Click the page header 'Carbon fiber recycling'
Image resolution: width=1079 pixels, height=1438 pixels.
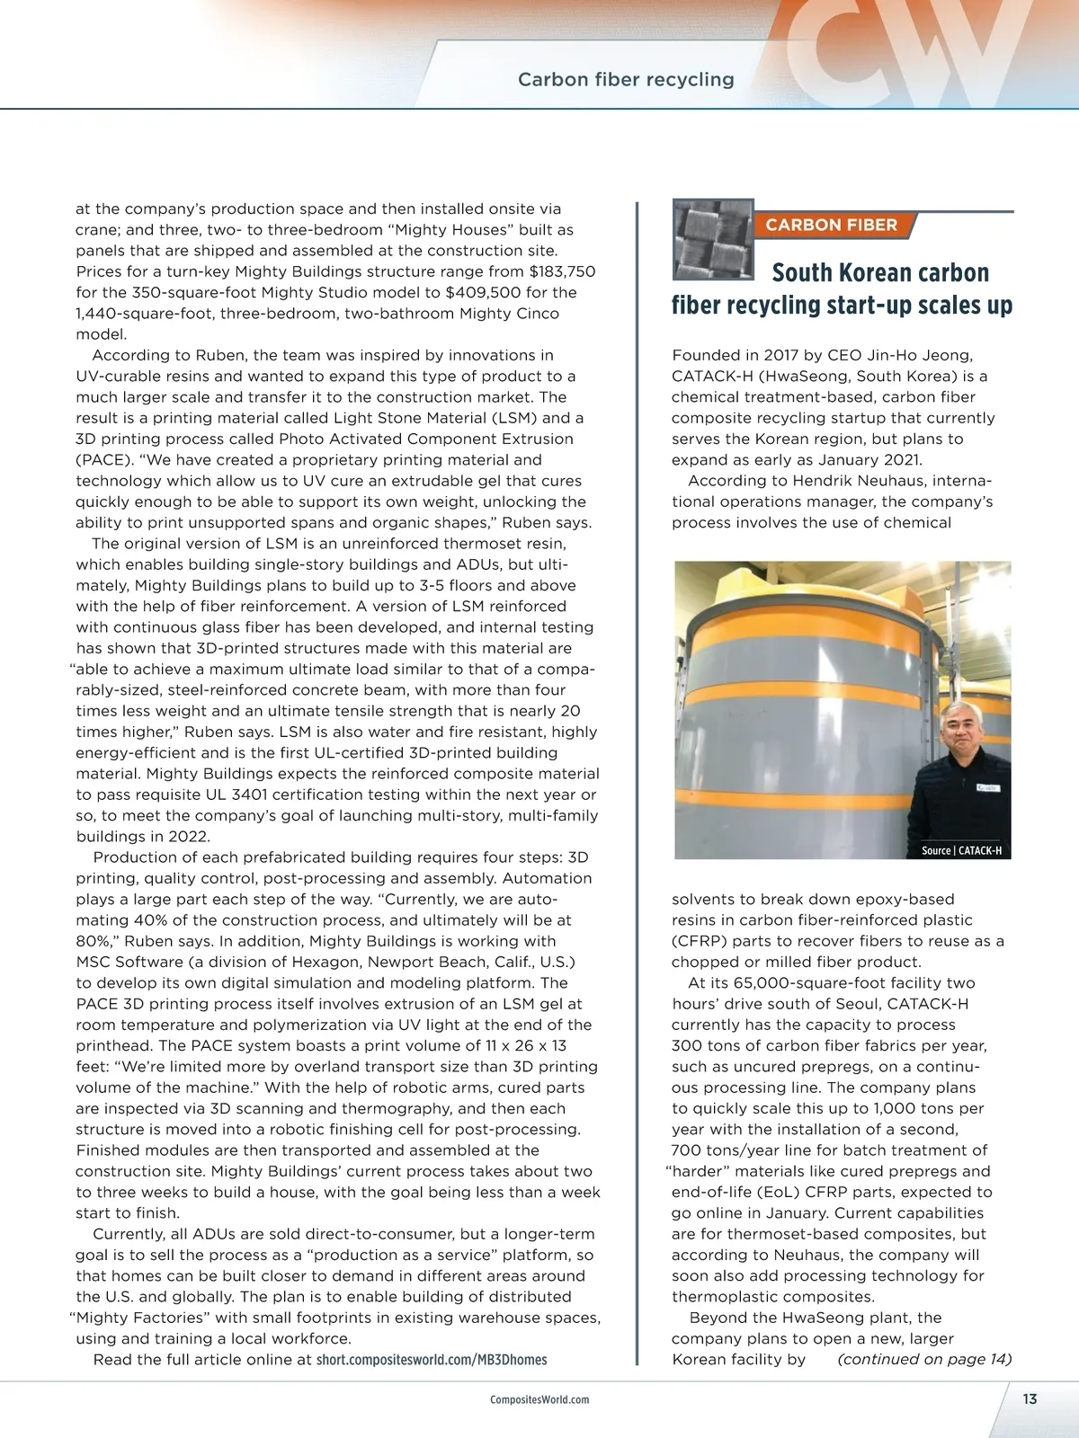(x=626, y=80)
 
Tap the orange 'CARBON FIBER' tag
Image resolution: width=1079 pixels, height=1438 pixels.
(x=831, y=225)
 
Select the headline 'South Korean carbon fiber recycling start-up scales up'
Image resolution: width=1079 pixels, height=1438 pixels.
(x=843, y=288)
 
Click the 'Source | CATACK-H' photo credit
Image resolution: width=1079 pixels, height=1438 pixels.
(x=961, y=850)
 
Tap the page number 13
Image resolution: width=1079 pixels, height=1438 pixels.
(x=1030, y=1398)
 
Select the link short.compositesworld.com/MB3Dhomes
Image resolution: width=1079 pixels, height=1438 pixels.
(x=432, y=1359)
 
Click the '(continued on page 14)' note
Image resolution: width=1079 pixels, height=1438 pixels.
(x=924, y=1359)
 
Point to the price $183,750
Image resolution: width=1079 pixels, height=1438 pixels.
(x=562, y=271)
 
